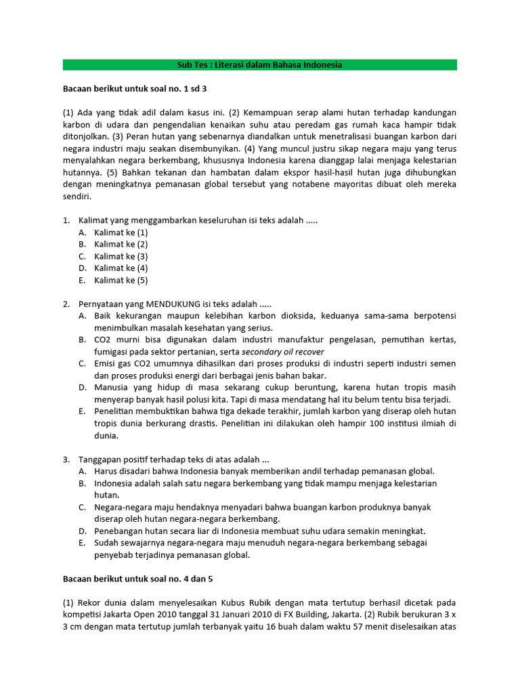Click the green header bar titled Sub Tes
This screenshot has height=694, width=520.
click(x=259, y=65)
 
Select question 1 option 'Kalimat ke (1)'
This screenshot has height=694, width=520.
click(x=121, y=232)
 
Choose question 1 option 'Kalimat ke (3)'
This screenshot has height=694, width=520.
click(x=121, y=256)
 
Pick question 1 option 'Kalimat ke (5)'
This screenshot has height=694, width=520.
click(x=121, y=280)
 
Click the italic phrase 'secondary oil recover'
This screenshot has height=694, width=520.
click(x=283, y=352)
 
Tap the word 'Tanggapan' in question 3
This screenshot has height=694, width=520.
click(x=102, y=459)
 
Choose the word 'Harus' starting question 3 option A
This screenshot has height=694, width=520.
click(x=106, y=471)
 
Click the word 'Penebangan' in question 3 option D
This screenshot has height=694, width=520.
click(x=118, y=531)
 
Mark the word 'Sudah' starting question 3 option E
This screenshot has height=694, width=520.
click(x=106, y=543)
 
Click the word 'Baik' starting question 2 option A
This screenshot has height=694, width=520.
click(x=103, y=316)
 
